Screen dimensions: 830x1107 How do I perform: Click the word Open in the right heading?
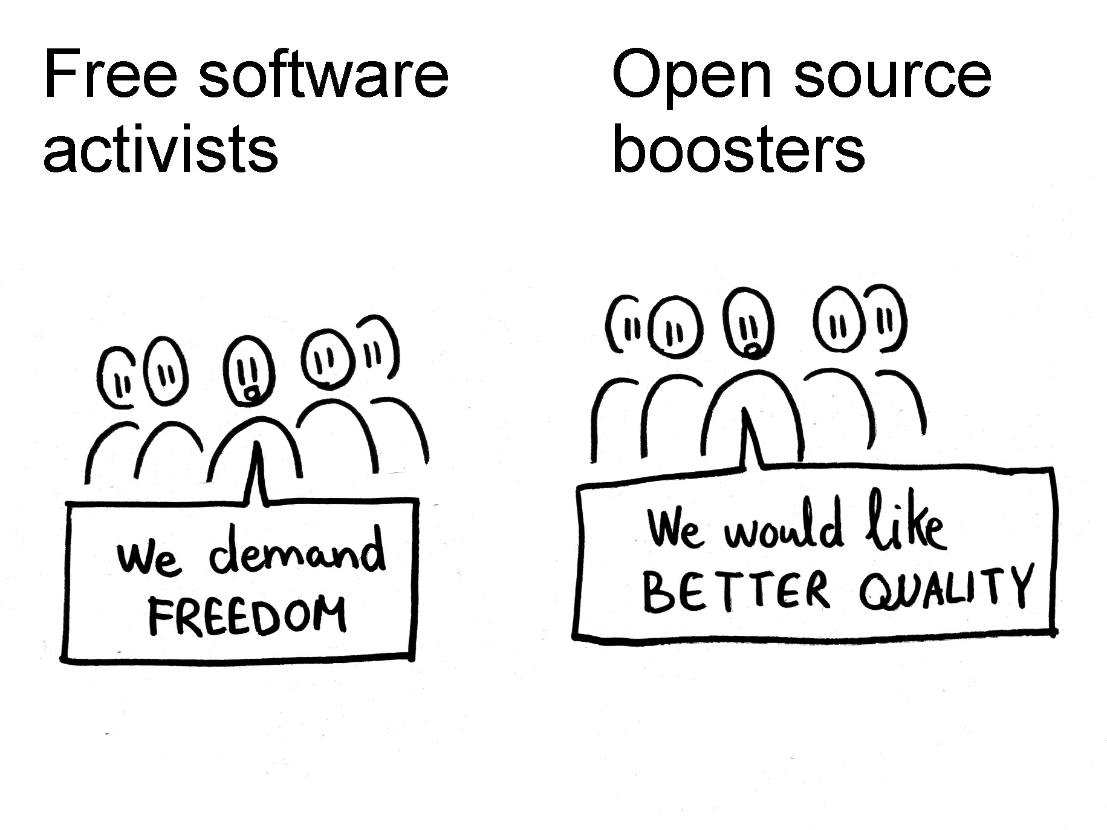(692, 77)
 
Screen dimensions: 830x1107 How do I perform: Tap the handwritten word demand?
(297, 552)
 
